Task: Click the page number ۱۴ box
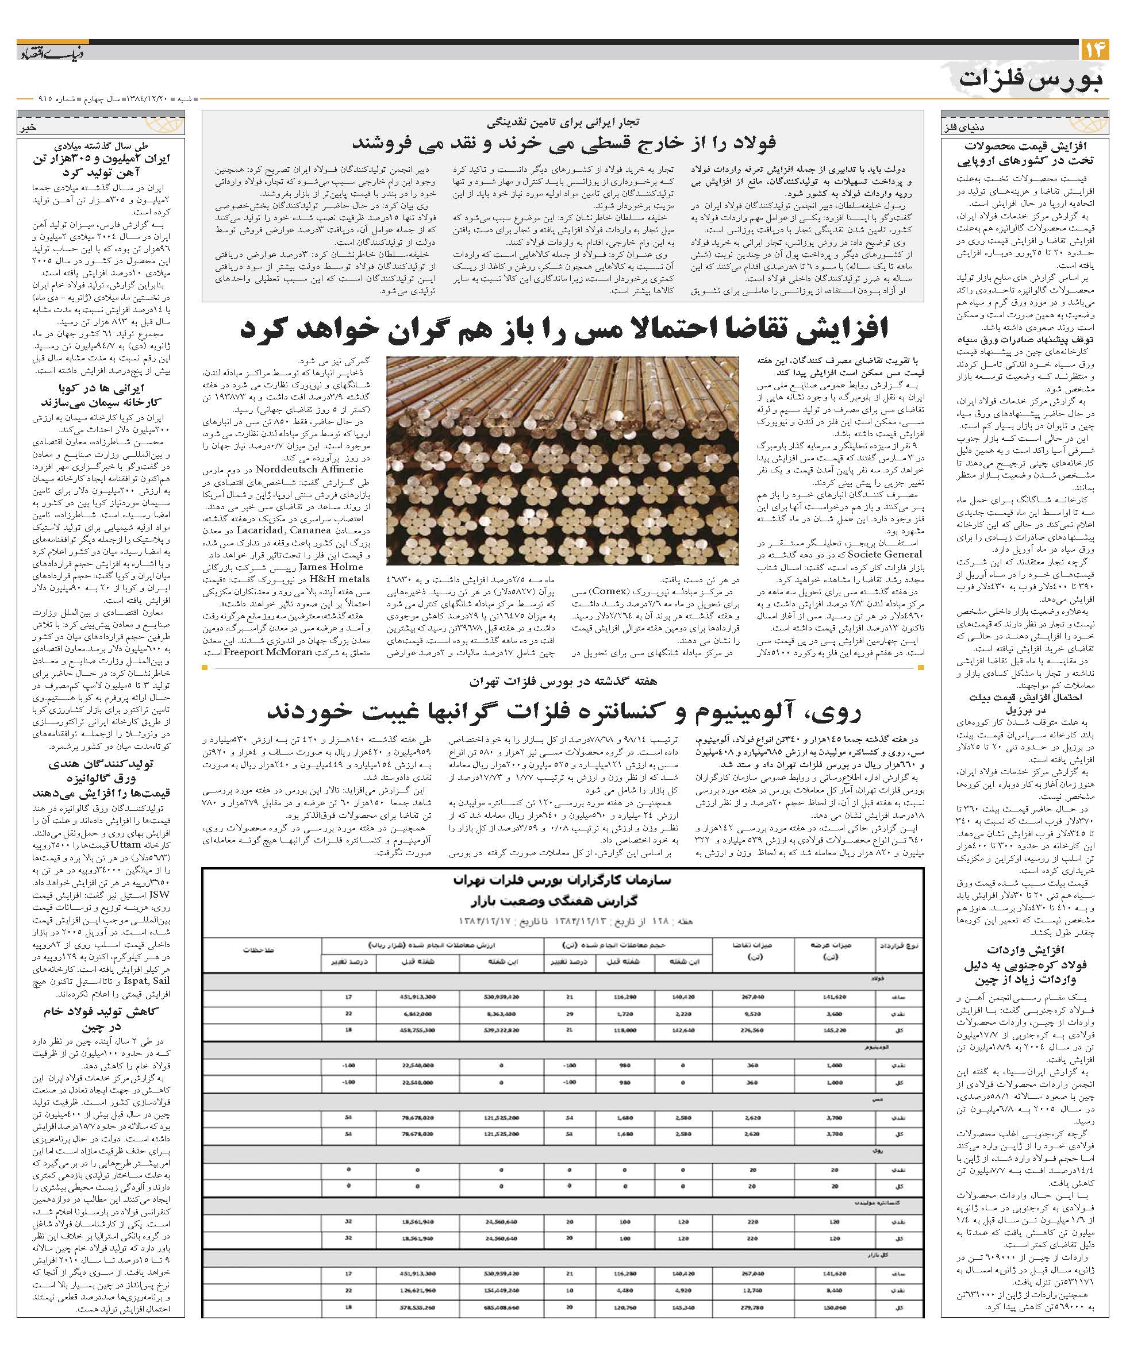1094,49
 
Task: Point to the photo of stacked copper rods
562,461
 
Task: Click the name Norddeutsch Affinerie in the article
309,469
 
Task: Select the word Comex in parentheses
609,590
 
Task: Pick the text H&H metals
339,579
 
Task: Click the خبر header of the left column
29,128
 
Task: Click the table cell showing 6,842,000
417,1014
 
